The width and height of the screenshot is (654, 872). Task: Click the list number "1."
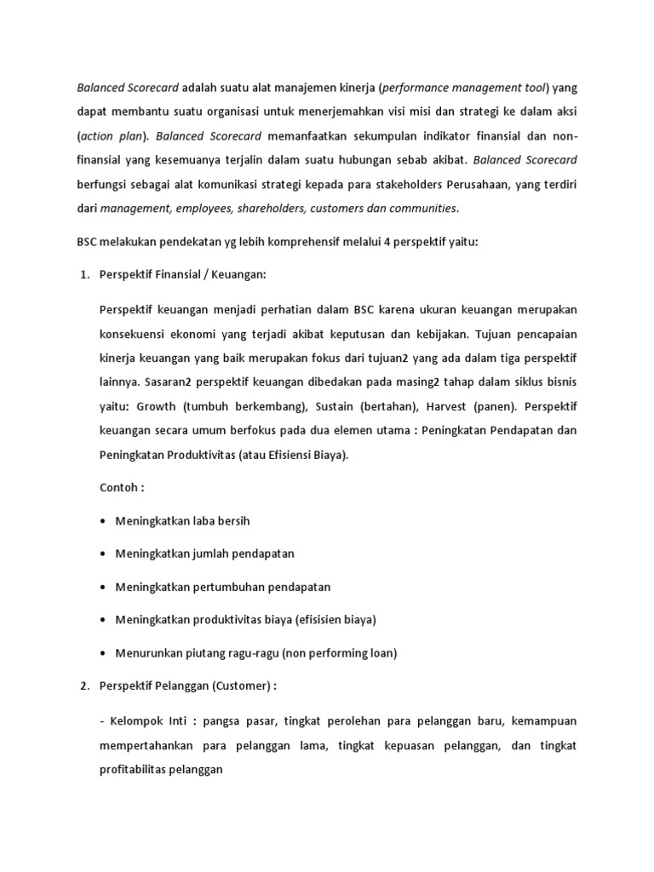click(84, 274)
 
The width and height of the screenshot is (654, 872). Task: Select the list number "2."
click(84, 686)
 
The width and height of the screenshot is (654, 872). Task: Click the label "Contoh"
click(119, 487)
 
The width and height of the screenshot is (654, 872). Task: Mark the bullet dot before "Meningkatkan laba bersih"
click(104, 520)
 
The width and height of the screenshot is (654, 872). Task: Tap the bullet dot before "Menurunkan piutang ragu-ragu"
click(104, 653)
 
